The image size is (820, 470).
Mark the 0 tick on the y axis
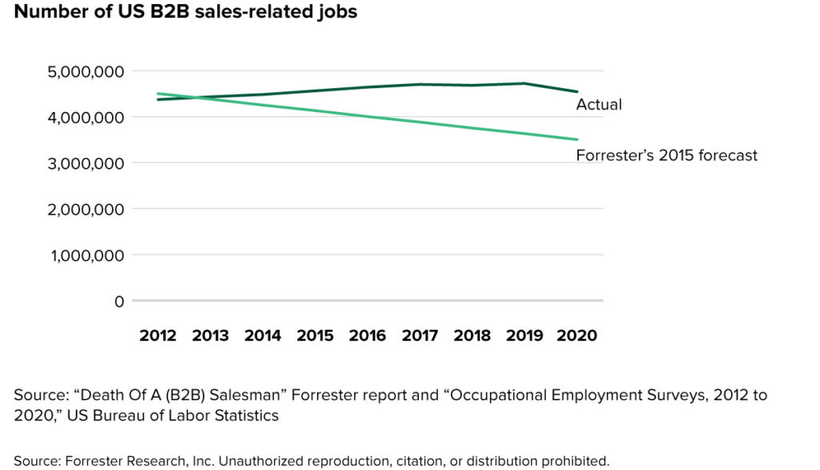click(119, 302)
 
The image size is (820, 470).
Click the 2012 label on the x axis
click(158, 335)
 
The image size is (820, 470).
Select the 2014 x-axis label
click(263, 335)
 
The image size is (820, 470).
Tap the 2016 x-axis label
click(368, 335)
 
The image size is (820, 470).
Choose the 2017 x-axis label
click(420, 335)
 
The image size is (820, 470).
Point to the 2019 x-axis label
click(525, 335)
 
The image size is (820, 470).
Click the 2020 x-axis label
click(577, 335)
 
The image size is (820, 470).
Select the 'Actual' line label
click(599, 105)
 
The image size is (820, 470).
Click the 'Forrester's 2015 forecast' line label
click(666, 155)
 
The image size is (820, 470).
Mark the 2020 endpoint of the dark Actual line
click(577, 91)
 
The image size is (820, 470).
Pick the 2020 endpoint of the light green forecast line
click(577, 139)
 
